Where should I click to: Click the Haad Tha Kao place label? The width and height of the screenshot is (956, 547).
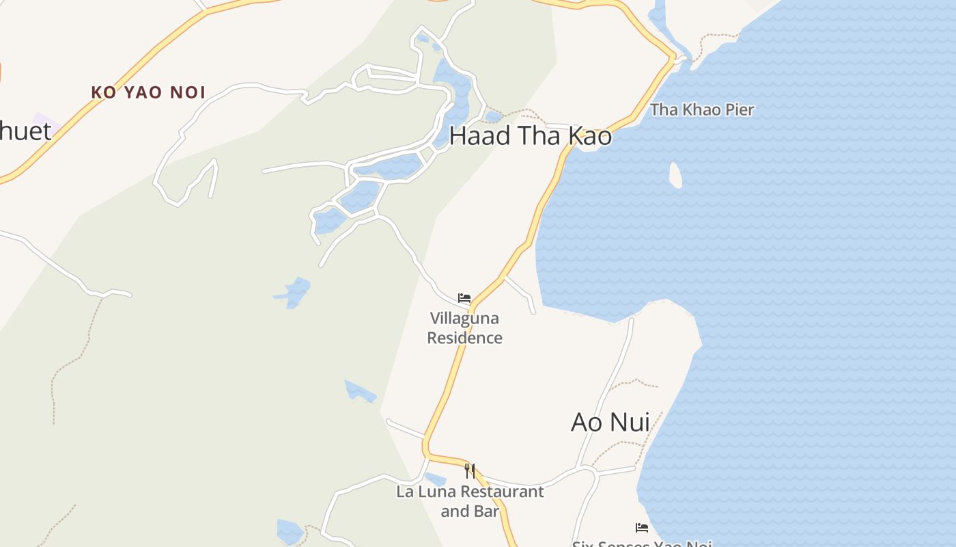(530, 136)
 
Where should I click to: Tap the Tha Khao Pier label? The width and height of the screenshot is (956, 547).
(702, 109)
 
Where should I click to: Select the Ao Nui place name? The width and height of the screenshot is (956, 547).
(610, 422)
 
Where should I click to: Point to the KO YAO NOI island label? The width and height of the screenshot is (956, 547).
(148, 92)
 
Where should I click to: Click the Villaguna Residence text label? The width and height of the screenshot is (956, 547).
(464, 328)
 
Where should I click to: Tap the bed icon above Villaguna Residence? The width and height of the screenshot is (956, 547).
(464, 298)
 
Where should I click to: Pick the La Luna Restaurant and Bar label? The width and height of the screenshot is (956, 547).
(470, 501)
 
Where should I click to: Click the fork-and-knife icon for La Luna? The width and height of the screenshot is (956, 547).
(470, 470)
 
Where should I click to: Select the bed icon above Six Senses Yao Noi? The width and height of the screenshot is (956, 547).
(641, 527)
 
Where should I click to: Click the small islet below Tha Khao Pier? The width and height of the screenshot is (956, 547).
(675, 175)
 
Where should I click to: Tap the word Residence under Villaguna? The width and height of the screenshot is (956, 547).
(464, 338)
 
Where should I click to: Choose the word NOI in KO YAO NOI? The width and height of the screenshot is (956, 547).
(188, 92)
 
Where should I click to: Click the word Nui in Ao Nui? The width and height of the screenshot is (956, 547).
(628, 422)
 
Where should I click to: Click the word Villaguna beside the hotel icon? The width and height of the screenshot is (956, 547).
(464, 319)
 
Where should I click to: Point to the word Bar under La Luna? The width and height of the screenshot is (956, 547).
(488, 511)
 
